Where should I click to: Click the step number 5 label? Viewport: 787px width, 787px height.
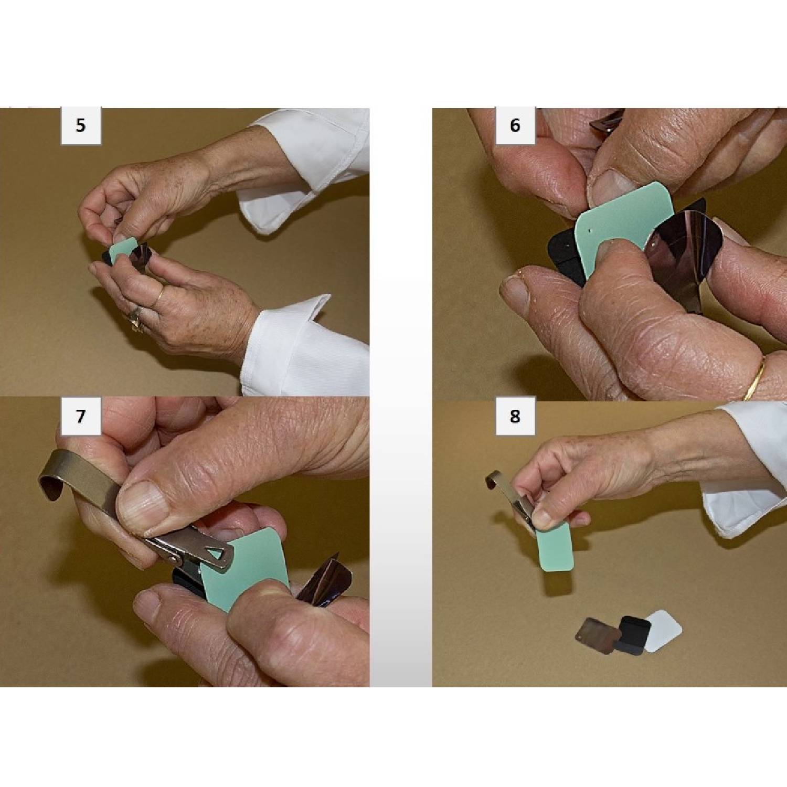tap(80, 125)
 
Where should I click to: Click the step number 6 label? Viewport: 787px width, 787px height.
tap(515, 125)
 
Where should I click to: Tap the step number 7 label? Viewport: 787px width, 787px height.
tap(80, 416)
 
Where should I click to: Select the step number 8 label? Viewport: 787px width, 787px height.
tap(515, 416)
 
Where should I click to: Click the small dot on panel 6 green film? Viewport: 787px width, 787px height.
tap(591, 229)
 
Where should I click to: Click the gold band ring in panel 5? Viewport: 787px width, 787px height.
tap(157, 297)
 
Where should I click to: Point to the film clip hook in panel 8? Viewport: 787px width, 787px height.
tap(496, 480)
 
